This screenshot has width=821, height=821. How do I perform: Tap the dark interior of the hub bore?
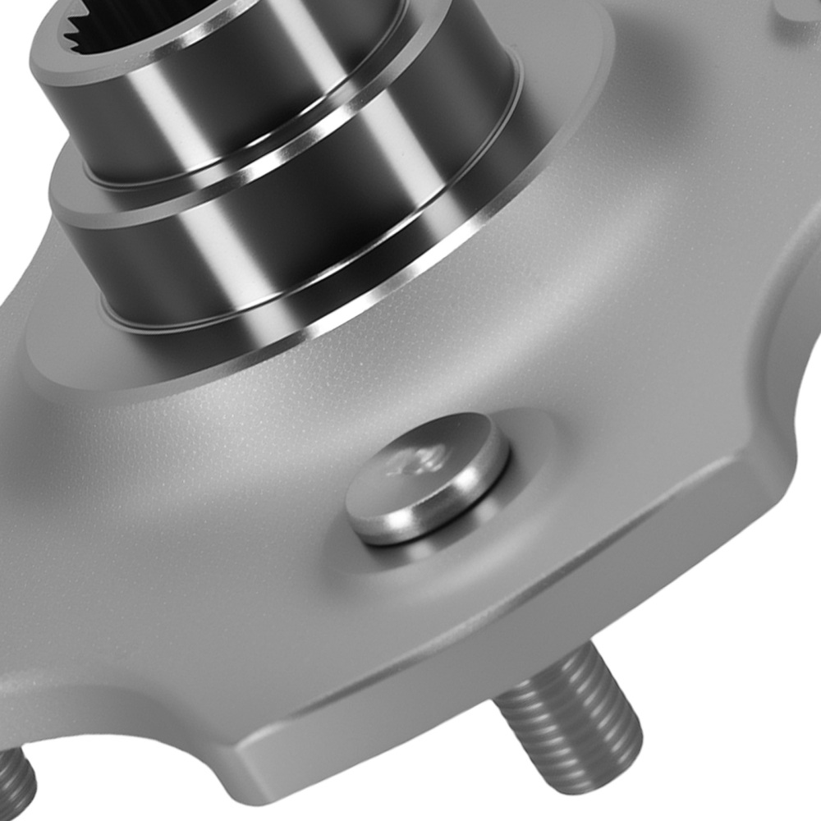pos(164,16)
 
